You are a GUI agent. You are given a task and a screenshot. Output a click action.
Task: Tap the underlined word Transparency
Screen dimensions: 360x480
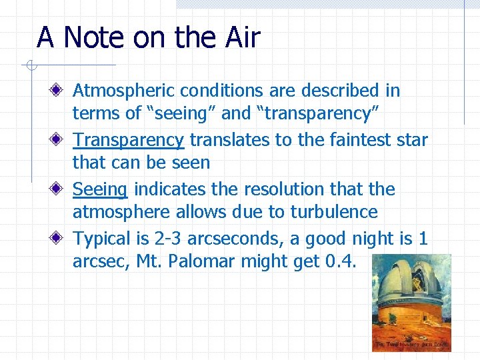tap(128, 140)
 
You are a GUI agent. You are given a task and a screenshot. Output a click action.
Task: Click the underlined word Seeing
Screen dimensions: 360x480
tap(99, 190)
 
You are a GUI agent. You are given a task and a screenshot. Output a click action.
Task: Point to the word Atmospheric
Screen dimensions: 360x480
tap(121, 90)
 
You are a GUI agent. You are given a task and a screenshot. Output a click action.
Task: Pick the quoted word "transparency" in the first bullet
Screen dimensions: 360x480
tap(318, 114)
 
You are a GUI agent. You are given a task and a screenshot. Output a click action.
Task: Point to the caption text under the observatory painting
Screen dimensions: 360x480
tap(412, 345)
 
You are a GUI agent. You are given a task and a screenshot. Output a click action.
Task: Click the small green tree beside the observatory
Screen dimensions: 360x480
tap(382, 313)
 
